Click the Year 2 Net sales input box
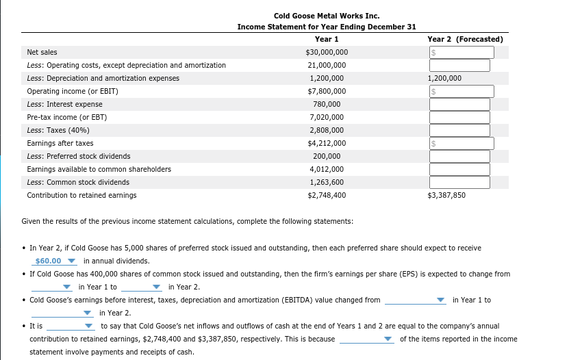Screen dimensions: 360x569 [461, 52]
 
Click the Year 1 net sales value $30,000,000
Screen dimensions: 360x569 [327, 52]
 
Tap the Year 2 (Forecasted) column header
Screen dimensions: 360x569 [465, 39]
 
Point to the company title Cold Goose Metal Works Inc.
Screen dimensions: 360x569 [327, 16]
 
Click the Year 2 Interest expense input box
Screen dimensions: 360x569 [459, 104]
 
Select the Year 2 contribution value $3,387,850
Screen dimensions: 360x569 [446, 195]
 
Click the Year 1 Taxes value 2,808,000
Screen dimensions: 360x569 [327, 130]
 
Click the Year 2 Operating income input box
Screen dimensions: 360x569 [461, 91]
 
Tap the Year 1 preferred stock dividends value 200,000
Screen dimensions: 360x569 [327, 156]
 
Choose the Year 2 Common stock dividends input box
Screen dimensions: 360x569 [459, 182]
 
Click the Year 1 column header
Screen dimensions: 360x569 [327, 39]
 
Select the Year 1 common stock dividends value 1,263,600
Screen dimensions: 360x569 [327, 182]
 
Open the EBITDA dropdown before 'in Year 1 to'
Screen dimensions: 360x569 [416, 300]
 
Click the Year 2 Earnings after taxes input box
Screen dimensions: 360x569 [461, 143]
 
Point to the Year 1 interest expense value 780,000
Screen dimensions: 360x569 [327, 104]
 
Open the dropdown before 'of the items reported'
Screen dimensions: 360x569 [367, 339]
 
